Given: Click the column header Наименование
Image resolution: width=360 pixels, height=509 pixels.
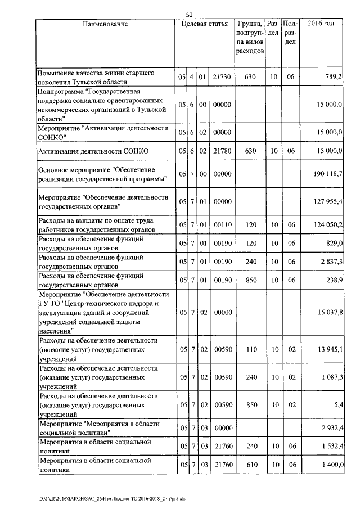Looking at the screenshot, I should tap(105, 24).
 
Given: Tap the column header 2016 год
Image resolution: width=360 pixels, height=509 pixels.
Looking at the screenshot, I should tap(322, 24).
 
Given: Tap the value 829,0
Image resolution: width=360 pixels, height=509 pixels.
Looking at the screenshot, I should tap(334, 243).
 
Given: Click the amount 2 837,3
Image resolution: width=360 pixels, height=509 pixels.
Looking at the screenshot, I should tap(331, 262).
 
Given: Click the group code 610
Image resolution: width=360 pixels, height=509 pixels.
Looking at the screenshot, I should tap(251, 465).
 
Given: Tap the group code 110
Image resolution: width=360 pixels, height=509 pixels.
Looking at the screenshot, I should tap(251, 349).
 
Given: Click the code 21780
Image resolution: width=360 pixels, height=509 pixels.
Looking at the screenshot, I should tap(223, 151).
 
